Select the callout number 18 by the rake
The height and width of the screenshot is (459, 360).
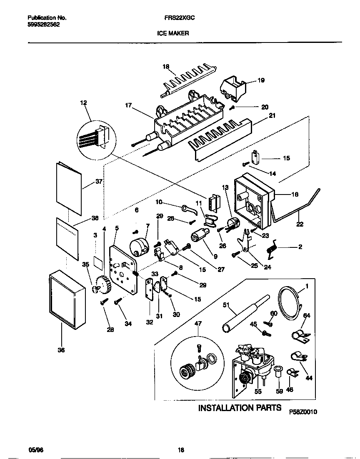pos(166,67)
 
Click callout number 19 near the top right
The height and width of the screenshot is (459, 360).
pos(261,80)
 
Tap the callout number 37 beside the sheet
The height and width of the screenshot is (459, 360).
pos(99,182)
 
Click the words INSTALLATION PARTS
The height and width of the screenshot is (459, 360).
pos(240,408)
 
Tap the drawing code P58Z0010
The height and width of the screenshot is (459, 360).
pos(303,412)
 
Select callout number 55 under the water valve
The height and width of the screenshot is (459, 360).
pos(258,392)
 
